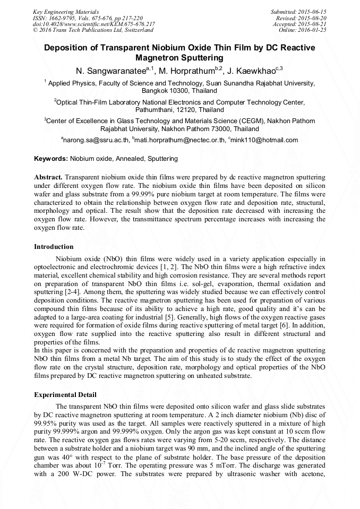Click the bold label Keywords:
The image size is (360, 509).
(51, 159)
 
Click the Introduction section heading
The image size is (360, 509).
(54, 247)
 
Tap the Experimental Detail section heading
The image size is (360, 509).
(65, 395)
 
